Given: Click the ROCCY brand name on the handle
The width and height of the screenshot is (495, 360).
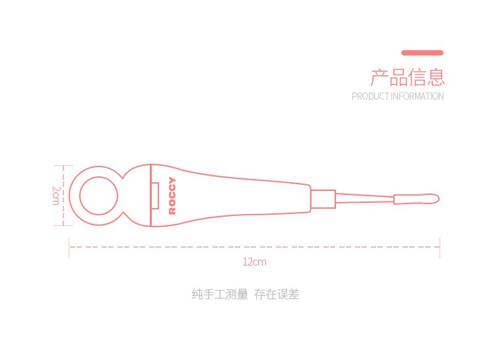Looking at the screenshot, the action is click(172, 196).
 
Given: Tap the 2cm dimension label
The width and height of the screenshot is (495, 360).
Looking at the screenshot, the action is click(56, 196).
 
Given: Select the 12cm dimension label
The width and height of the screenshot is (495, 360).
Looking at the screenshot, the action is click(254, 262).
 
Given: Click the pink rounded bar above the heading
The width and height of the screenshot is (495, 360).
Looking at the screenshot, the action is click(422, 53).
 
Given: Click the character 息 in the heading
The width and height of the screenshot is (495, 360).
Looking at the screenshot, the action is click(436, 77).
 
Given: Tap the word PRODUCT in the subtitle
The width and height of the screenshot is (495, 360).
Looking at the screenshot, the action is click(370, 96).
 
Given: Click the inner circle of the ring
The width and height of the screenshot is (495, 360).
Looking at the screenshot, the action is click(99, 196).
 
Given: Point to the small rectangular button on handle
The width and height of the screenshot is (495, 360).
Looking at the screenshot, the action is click(156, 196).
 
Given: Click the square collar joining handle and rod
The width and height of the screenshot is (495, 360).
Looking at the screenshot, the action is click(323, 199).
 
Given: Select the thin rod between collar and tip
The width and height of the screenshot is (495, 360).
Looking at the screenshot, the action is click(364, 199).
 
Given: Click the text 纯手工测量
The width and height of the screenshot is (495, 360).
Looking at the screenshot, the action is click(220, 295).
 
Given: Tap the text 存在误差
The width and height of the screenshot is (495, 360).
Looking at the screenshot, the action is click(277, 295).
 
